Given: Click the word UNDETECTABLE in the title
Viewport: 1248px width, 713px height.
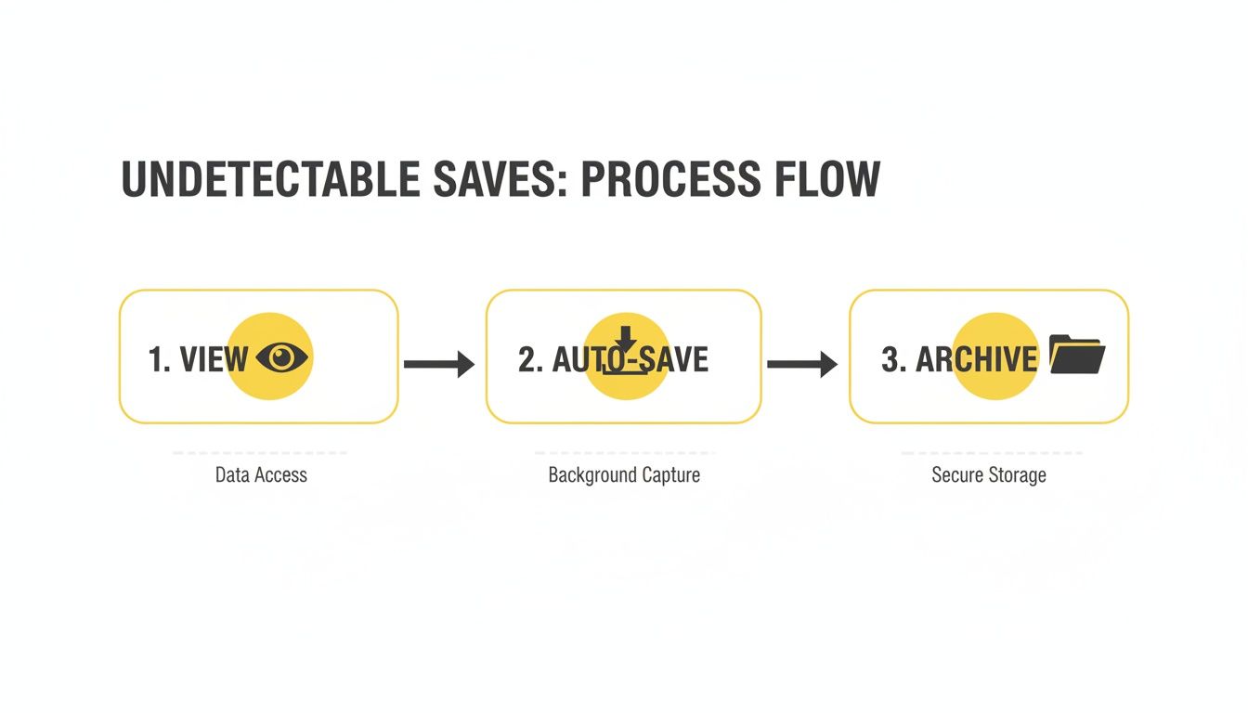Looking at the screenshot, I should coord(270,179).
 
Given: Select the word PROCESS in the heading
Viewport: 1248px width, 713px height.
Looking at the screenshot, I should coord(668,179).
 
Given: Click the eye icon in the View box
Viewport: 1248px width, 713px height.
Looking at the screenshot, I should coord(281,356).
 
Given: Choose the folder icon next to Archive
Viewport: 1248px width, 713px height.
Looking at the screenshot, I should coord(1077,355).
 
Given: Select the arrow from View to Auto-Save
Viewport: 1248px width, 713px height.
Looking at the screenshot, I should coord(439,364).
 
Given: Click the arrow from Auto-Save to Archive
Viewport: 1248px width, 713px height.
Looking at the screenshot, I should coord(802,364).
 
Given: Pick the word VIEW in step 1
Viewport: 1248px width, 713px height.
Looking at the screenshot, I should coord(214,359).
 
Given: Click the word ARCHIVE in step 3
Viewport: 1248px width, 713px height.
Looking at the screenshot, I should coord(976,359).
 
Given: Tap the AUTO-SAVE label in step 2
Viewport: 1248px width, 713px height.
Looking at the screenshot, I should coord(630,360).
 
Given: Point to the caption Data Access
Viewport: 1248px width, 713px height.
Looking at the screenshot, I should coord(261,475).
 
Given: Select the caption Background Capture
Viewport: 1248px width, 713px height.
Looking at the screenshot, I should coord(624,475).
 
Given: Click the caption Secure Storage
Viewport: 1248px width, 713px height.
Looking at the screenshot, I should coord(989,475).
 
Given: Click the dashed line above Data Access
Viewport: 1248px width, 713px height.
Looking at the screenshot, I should coord(260,453).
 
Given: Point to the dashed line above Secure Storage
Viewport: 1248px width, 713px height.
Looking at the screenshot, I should coord(991,453).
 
